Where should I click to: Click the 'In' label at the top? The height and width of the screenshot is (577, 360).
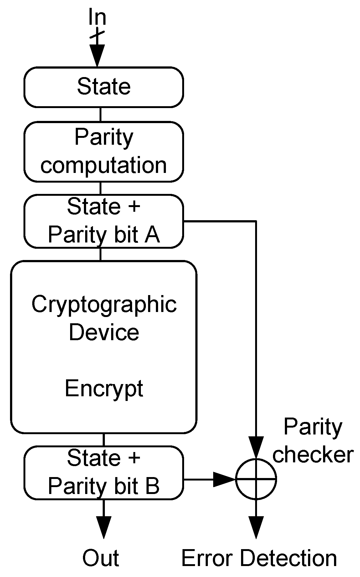(97, 18)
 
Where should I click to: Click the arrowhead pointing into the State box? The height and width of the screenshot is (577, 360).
(97, 55)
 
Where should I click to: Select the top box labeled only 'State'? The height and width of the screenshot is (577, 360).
(104, 87)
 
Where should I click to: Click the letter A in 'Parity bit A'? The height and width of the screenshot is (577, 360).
(152, 235)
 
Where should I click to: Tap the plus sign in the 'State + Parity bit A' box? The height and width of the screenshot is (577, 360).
(134, 207)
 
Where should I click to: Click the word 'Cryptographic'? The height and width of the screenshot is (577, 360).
(104, 304)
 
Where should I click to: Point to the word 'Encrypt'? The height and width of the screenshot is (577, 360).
(104, 388)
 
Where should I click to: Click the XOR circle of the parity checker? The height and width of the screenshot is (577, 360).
(256, 479)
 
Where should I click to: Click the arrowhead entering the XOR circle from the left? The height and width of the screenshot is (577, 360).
(224, 479)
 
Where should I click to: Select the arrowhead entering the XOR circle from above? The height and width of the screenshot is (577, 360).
(256, 447)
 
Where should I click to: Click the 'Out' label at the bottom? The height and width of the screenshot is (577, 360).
(100, 558)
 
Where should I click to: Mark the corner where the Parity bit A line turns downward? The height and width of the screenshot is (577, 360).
(256, 221)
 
